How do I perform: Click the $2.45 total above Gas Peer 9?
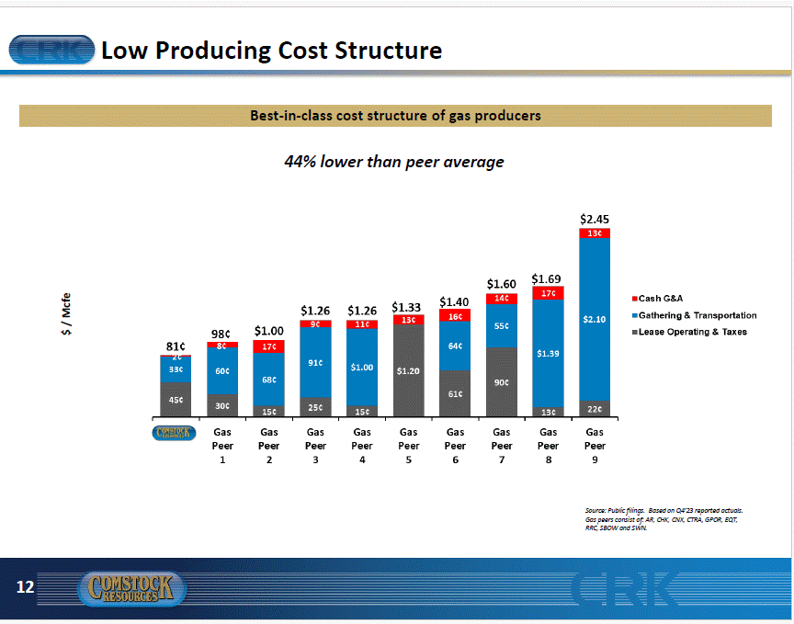(x=595, y=220)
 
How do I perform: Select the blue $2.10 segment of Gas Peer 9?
(x=595, y=319)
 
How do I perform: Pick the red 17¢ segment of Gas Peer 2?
(x=269, y=346)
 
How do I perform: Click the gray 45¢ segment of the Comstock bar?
(x=175, y=400)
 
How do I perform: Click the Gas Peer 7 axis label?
(x=502, y=445)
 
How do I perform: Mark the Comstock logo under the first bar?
(x=173, y=433)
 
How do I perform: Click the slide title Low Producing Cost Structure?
(x=271, y=50)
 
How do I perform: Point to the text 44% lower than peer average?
(x=394, y=162)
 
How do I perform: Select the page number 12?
(x=25, y=586)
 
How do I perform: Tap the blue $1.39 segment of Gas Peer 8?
(x=548, y=353)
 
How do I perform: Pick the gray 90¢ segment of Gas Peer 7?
(x=501, y=382)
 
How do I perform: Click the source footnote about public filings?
(x=664, y=518)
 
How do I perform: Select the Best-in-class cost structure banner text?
(x=395, y=116)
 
